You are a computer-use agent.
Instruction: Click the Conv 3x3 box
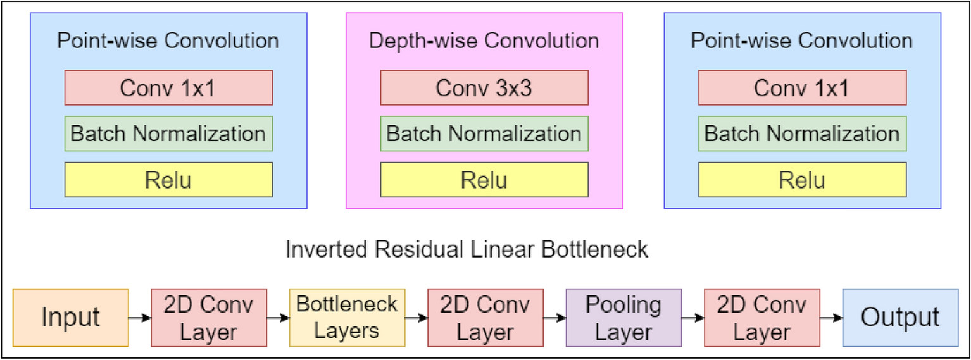tap(484, 87)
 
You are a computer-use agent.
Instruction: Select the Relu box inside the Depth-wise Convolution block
tap(484, 180)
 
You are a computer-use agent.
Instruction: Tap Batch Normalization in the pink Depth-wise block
tap(484, 133)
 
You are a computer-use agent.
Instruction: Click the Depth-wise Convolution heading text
tap(484, 41)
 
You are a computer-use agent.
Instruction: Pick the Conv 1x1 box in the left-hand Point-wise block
tap(168, 87)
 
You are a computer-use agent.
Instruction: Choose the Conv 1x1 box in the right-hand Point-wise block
tap(802, 87)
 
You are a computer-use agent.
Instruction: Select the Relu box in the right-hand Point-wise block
tap(802, 180)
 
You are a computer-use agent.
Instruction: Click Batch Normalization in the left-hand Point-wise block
tap(168, 133)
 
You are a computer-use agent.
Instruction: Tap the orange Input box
tap(70, 318)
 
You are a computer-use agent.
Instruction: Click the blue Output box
tap(900, 318)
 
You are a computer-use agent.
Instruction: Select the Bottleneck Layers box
tap(347, 318)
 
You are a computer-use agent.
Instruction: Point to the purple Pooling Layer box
tap(623, 318)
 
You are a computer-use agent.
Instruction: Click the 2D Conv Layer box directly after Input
tap(209, 318)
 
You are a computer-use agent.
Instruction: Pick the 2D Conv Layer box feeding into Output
tap(761, 318)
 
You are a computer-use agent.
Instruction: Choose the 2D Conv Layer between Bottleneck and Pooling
tap(485, 318)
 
